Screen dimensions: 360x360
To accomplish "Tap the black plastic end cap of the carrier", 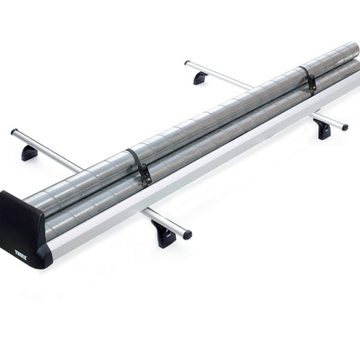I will pos(23,230).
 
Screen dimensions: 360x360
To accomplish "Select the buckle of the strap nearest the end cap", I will pos(144,175).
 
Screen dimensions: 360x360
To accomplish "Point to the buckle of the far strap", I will pos(311,83).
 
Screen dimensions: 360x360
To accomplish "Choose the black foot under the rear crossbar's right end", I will pos(322,129).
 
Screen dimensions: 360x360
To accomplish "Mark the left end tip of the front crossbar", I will pos(14,132).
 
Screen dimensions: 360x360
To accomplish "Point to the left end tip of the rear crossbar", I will pos(187,63).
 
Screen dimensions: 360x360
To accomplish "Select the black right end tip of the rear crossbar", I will pos(344,127).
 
